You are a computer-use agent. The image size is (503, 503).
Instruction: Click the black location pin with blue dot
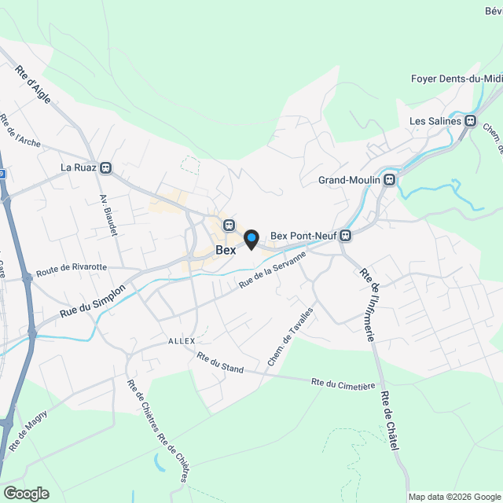tap(251, 239)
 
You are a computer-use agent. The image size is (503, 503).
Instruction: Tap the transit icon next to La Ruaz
tap(106, 167)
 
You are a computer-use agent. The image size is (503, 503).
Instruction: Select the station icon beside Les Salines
tap(471, 121)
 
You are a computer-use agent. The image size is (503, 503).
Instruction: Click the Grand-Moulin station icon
tap(390, 180)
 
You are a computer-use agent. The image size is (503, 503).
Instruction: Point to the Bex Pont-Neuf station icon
tap(344, 235)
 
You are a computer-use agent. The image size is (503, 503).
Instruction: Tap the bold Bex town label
tap(226, 250)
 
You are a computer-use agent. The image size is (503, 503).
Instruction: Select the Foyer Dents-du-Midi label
tap(456, 79)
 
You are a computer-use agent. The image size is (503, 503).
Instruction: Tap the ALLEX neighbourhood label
tap(182, 341)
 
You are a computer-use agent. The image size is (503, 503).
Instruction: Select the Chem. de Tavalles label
tap(292, 336)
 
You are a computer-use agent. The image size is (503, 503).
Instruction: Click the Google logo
tap(26, 493)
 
